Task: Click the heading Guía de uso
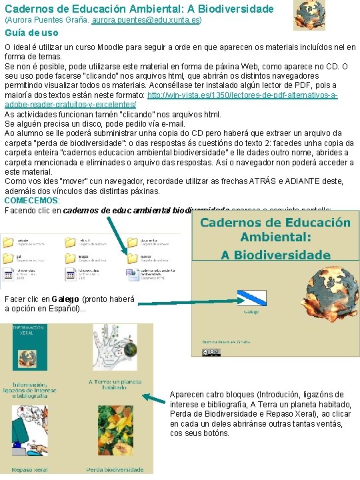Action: pos(31,33)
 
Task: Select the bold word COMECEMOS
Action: pos(31,200)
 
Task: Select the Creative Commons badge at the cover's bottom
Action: pos(211,352)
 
